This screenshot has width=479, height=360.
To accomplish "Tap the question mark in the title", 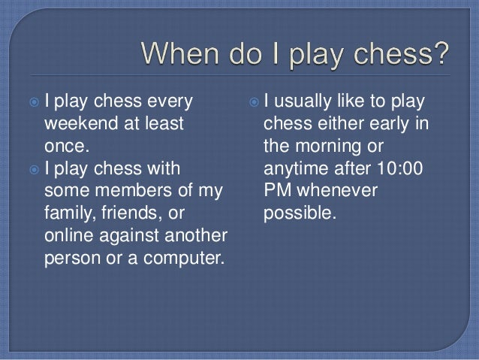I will [442, 55].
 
